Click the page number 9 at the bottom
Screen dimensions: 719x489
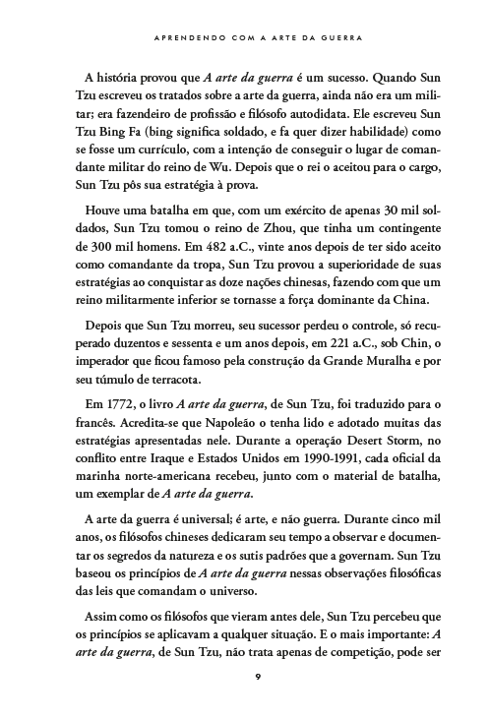(x=256, y=675)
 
